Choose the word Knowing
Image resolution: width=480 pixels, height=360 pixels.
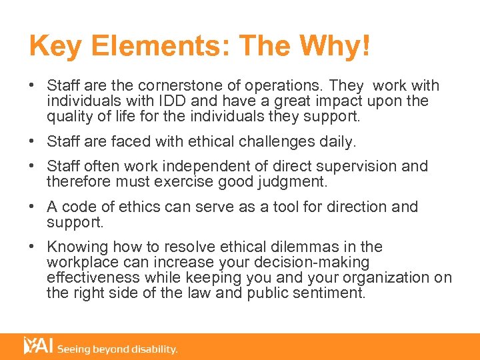coord(77,247)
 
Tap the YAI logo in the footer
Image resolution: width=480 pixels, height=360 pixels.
coord(37,346)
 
